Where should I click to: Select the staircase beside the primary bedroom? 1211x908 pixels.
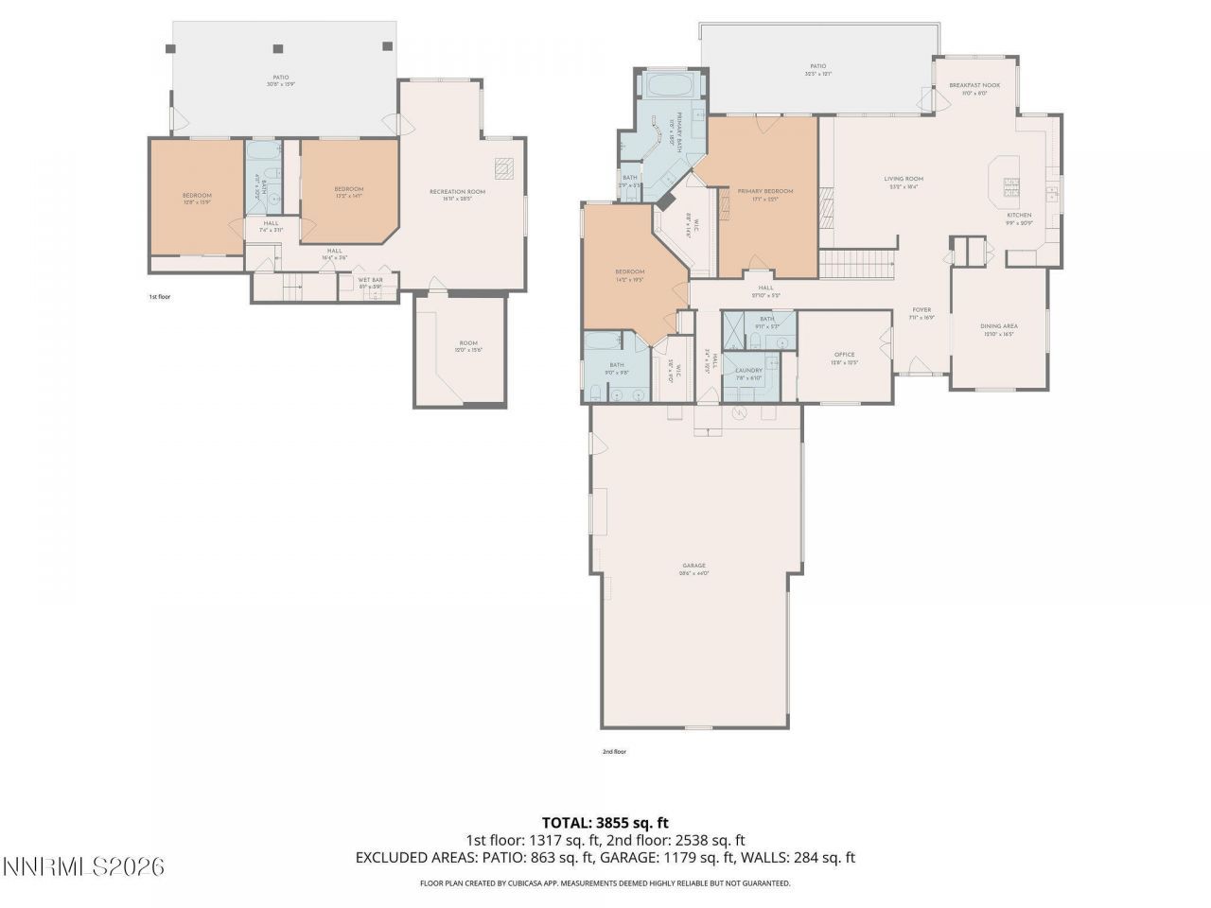(x=856, y=264)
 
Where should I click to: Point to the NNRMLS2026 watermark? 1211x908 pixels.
(x=83, y=865)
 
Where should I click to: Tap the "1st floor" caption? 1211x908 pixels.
(x=159, y=297)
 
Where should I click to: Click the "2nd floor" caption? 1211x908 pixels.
(x=614, y=752)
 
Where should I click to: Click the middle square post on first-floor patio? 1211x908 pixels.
(x=278, y=48)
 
